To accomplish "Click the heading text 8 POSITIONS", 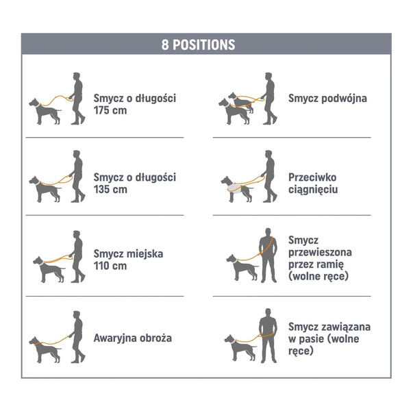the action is [198, 45].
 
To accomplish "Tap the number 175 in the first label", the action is [103, 110].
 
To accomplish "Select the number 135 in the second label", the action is [103, 189].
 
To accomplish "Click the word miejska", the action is [145, 253].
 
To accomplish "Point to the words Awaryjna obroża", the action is [133, 338].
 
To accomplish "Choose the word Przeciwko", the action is [312, 177].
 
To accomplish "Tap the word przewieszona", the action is [320, 252].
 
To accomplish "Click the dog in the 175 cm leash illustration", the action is [45, 111].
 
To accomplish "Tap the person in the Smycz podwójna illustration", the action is [269, 98].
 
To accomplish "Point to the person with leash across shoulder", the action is [268, 256].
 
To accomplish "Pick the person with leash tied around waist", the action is [268, 336].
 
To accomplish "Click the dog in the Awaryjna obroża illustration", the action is [45, 349].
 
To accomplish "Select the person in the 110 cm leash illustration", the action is [77, 256].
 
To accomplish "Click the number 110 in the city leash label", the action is [102, 266].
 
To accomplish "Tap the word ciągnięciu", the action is [313, 190].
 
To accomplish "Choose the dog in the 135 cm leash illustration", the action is [45, 189].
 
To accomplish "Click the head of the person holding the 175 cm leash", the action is [76, 76].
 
